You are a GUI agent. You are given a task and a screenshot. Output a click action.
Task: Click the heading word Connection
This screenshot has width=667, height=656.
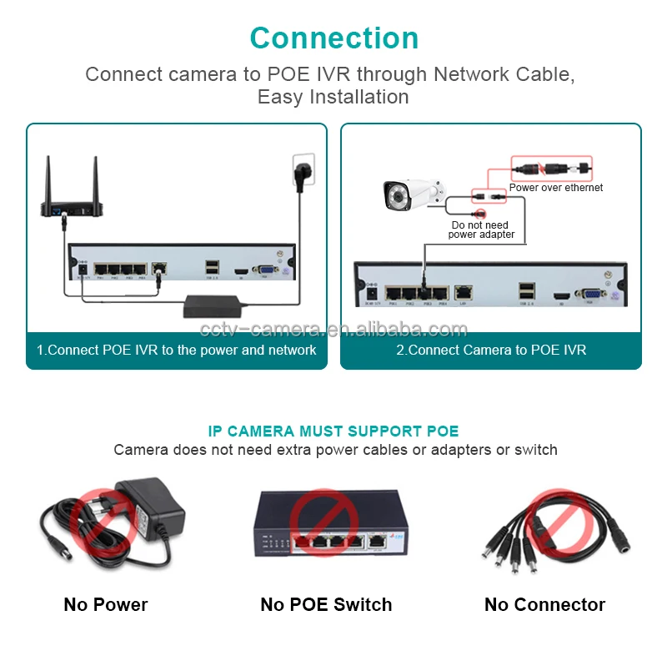point(333,38)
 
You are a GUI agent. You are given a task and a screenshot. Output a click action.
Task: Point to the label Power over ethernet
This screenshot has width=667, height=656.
point(556,188)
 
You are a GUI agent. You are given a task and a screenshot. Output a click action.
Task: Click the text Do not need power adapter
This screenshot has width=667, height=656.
point(480,230)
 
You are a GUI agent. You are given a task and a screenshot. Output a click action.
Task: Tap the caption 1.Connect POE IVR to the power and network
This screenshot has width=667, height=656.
point(176,351)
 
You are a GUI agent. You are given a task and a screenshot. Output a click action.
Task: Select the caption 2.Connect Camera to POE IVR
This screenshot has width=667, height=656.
point(491,351)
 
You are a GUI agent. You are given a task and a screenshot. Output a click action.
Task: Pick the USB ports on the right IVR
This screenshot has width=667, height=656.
point(526,291)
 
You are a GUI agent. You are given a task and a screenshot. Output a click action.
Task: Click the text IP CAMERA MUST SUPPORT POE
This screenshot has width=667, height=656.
point(333,431)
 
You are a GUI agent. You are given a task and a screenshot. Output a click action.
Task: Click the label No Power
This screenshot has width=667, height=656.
point(106,604)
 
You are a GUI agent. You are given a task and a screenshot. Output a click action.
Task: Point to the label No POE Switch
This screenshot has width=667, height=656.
point(326,604)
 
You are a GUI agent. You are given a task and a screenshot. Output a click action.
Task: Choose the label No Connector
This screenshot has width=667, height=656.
point(544,604)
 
